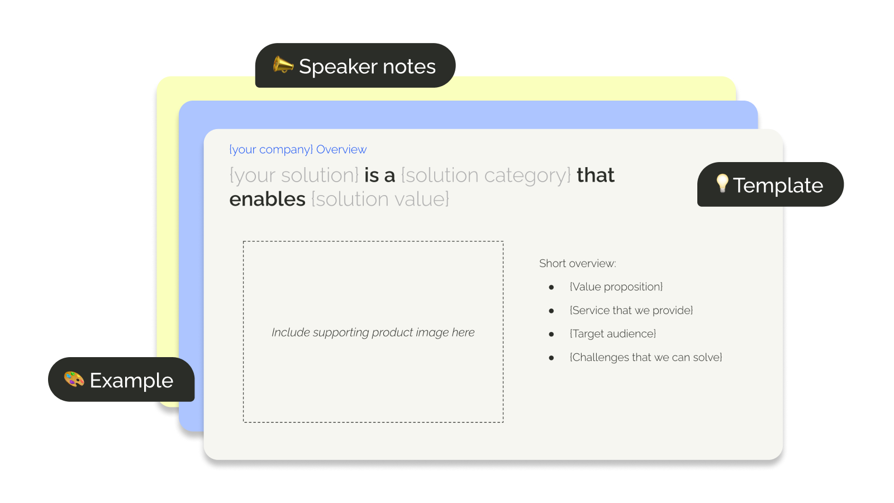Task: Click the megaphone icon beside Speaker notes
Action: pyautogui.click(x=283, y=65)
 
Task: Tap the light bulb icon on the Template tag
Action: pyautogui.click(x=722, y=183)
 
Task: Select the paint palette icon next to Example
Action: pyautogui.click(x=74, y=379)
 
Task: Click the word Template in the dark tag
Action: pyautogui.click(x=778, y=186)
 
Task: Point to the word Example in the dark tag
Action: pyautogui.click(x=131, y=381)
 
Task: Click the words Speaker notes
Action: pyautogui.click(x=367, y=67)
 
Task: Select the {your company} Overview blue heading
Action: pyautogui.click(x=298, y=150)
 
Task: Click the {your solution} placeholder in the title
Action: pyautogui.click(x=294, y=175)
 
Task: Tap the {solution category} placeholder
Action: pyautogui.click(x=486, y=175)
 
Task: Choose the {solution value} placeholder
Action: pyautogui.click(x=380, y=199)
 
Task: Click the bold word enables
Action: pyautogui.click(x=268, y=199)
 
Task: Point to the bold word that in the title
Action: pyautogui.click(x=596, y=175)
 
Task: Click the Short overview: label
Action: pyautogui.click(x=578, y=263)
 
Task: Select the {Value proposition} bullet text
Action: pyautogui.click(x=616, y=287)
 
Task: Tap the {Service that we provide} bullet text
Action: pyautogui.click(x=631, y=310)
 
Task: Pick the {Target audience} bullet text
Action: pyautogui.click(x=612, y=334)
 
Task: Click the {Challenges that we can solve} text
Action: pyautogui.click(x=646, y=357)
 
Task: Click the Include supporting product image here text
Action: pyautogui.click(x=373, y=333)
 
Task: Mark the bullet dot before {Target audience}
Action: pyautogui.click(x=551, y=334)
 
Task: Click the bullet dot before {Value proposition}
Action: pyautogui.click(x=551, y=287)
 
